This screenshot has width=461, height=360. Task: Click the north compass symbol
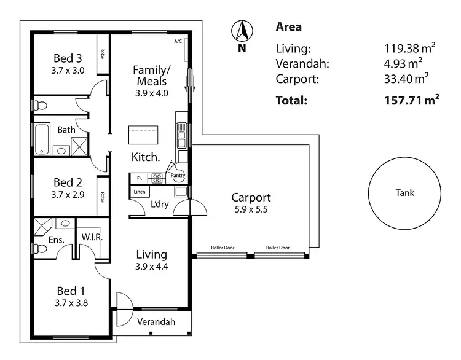coord(242,31)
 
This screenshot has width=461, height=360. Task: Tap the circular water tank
coord(404,192)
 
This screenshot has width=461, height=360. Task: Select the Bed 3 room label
coord(68,58)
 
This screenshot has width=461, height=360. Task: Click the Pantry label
coord(178,175)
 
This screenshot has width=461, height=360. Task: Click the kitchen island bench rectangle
coord(143,134)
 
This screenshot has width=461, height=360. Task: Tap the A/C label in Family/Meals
coord(178,41)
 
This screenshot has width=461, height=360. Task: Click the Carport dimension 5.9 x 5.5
coord(250,209)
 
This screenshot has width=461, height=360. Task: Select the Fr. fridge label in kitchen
coord(140,178)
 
